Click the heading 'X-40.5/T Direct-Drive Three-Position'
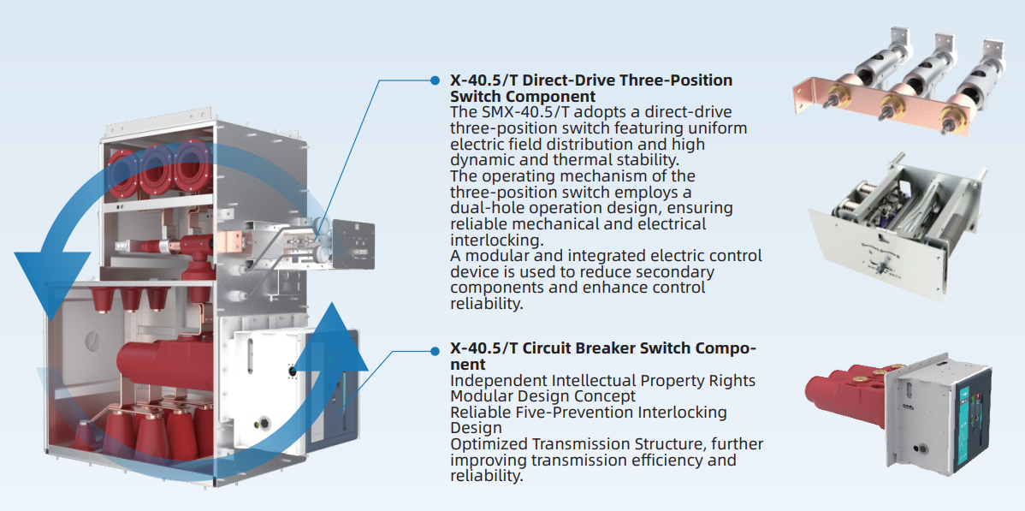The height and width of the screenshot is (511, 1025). coord(591,80)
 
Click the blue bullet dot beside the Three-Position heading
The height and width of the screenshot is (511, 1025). coord(435,80)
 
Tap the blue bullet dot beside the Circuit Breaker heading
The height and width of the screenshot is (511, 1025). coord(435,350)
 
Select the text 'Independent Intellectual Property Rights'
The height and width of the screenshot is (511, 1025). coord(602,381)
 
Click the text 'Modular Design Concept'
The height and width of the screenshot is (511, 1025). coord(542,396)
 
